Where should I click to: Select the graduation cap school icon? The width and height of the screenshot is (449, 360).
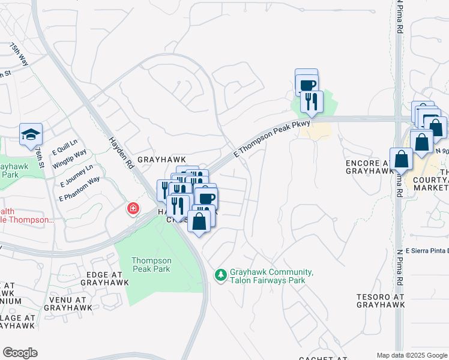coord(31,135)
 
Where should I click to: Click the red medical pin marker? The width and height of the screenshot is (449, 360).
coord(132,209)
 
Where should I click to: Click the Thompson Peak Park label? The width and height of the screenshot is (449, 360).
coord(151,265)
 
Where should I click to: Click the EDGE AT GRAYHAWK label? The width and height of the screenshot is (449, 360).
coord(104,278)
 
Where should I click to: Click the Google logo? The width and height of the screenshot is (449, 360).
coord(20,353)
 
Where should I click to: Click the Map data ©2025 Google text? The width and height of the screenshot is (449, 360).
coord(412,355)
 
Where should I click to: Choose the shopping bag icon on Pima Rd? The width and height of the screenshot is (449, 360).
coord(401,160)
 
